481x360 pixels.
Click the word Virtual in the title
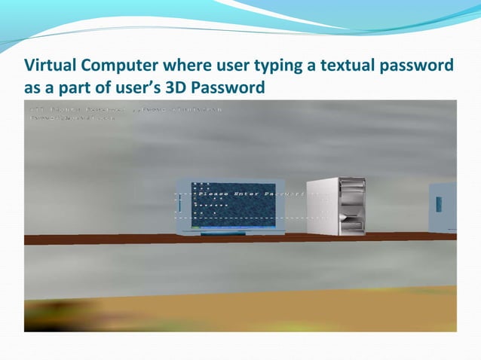pyautogui.click(x=48, y=67)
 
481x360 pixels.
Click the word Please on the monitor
pyautogui.click(x=213, y=194)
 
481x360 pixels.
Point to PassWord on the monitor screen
pyautogui.click(x=285, y=194)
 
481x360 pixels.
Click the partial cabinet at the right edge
pyautogui.click(x=443, y=207)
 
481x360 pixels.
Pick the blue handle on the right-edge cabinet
pyautogui.click(x=440, y=203)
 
